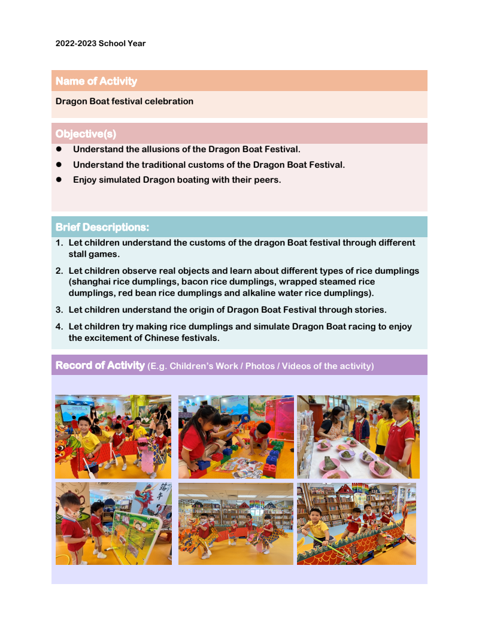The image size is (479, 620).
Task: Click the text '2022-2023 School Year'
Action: point(101,44)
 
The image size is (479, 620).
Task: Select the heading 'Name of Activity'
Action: point(96,81)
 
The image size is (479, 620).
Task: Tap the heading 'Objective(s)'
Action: point(86,134)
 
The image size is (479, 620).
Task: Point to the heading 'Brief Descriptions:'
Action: point(102,228)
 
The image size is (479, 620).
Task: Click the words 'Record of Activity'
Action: point(100,365)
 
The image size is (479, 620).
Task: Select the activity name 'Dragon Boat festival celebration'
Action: point(125,101)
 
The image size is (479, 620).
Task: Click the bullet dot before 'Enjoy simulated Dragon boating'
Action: point(59,180)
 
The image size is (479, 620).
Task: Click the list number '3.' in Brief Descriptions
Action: point(59,310)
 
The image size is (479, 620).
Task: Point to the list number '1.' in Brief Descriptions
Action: point(59,243)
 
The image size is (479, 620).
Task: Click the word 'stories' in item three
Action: point(369,310)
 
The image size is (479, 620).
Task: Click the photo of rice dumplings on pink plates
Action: point(358,437)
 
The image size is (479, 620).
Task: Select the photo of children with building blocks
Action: point(236,437)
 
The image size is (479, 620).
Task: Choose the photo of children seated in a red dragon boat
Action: point(356,524)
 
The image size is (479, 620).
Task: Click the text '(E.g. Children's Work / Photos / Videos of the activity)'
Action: point(260,366)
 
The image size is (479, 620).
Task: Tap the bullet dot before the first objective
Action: point(59,149)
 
